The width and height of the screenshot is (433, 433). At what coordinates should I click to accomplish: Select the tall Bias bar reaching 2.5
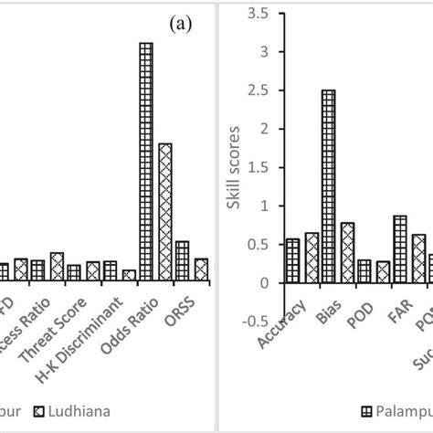click(328, 186)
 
